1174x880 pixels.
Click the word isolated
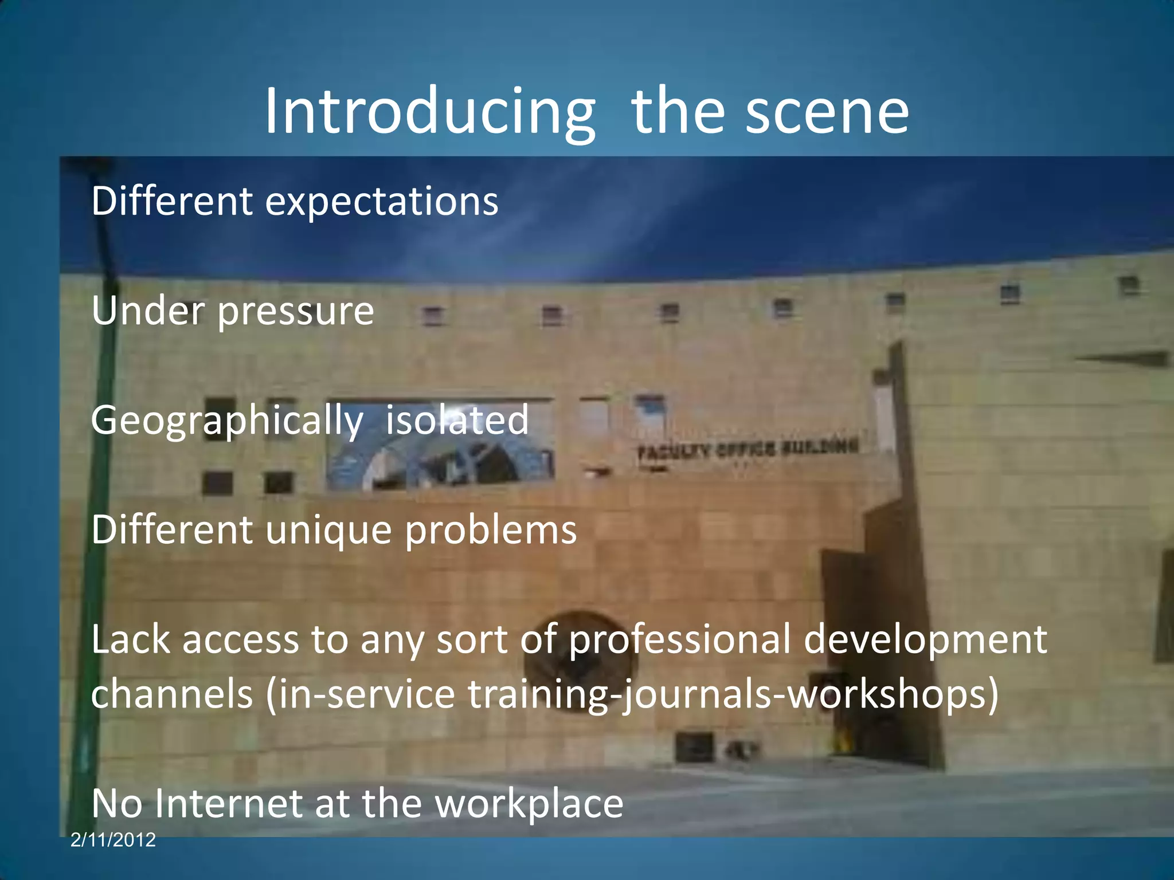457,421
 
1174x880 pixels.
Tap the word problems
491,531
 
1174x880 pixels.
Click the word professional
679,641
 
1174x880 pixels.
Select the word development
925,641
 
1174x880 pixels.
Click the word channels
172,694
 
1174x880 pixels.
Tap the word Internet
228,803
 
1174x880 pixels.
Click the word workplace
529,804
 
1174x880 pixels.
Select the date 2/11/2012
113,840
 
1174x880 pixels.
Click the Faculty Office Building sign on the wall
748,449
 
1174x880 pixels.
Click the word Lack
131,641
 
